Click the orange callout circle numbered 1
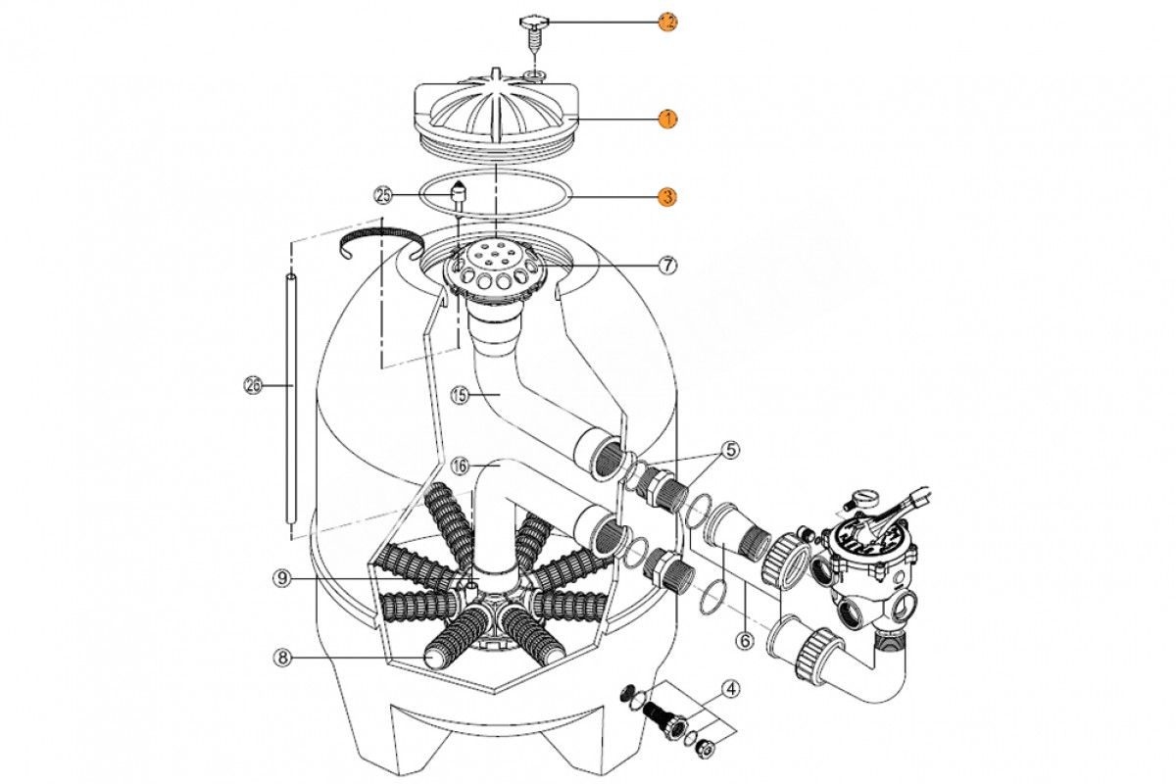666,119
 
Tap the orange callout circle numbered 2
666,21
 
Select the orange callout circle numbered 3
666,197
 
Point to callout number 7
666,265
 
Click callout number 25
383,196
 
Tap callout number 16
461,465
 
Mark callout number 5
731,450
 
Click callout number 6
744,642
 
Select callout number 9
282,578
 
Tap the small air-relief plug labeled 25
457,195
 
